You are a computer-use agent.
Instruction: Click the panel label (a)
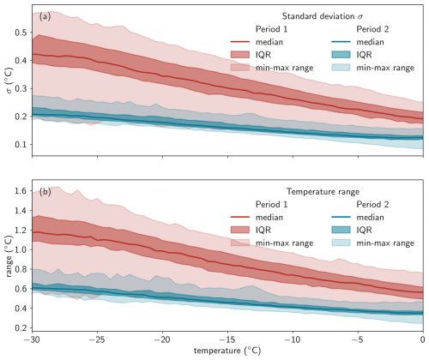point(45,17)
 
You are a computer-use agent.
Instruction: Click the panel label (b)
point(45,192)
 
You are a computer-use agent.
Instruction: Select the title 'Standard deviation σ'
point(323,16)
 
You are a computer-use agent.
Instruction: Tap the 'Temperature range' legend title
point(323,191)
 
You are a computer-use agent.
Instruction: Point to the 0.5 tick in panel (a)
point(21,33)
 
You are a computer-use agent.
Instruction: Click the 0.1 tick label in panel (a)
point(21,145)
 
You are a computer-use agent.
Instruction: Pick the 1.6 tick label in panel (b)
point(21,191)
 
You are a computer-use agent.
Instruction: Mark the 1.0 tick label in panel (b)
point(21,249)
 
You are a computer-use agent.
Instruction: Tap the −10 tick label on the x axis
point(293,340)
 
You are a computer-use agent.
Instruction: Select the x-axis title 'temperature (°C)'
point(227,351)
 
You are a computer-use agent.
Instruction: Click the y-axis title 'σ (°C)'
point(9,81)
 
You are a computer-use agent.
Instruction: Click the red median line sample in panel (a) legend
point(240,42)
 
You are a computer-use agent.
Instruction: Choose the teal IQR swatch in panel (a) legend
point(341,55)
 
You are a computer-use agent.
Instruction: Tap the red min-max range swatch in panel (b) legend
point(240,243)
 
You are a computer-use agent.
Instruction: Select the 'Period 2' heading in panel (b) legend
point(372,204)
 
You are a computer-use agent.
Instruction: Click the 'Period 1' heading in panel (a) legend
point(271,29)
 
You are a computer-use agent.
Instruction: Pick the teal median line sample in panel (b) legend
point(341,217)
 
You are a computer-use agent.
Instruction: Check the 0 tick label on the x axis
point(423,340)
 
